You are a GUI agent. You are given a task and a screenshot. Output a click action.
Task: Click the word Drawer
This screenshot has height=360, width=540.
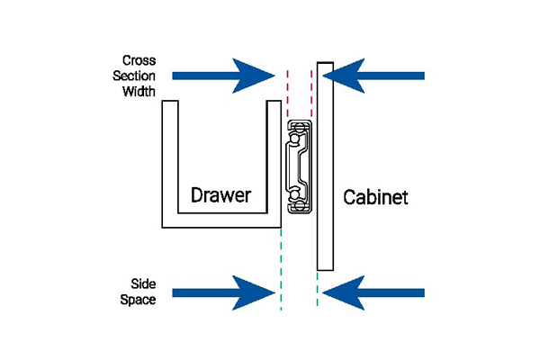pyautogui.click(x=220, y=195)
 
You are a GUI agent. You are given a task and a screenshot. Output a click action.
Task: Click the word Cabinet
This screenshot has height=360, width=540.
pyautogui.click(x=375, y=197)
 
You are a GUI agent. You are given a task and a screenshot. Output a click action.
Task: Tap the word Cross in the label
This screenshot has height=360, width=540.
pyautogui.click(x=139, y=60)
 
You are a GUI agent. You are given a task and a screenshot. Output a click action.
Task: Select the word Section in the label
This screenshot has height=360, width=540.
pyautogui.click(x=134, y=76)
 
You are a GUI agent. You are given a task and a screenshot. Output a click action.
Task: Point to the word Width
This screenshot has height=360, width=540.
pyautogui.click(x=139, y=91)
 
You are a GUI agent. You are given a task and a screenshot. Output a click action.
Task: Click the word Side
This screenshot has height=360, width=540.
pyautogui.click(x=143, y=284)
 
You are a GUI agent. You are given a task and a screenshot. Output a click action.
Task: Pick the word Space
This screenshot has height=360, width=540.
pyautogui.click(x=138, y=300)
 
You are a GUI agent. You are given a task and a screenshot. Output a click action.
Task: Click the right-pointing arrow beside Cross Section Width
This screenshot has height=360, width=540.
pyautogui.click(x=223, y=76)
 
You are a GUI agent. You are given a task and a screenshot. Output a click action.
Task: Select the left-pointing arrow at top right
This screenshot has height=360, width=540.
pyautogui.click(x=373, y=76)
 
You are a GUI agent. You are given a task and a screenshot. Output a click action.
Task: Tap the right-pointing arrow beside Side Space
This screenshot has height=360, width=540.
pyautogui.click(x=223, y=293)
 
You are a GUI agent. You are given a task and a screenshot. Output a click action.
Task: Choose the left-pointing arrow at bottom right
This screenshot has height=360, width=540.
pyautogui.click(x=373, y=293)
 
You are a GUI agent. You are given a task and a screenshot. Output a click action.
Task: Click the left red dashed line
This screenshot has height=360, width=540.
pyautogui.click(x=288, y=94)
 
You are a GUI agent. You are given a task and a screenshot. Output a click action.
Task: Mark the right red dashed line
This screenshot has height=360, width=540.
pyautogui.click(x=311, y=94)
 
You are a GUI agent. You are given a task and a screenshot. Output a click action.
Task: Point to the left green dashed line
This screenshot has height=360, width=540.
pyautogui.click(x=281, y=269)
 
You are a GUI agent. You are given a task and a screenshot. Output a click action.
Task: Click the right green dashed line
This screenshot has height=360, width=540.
pyautogui.click(x=317, y=289)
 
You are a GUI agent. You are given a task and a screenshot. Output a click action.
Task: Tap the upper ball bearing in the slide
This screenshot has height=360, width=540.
pyautogui.click(x=295, y=139)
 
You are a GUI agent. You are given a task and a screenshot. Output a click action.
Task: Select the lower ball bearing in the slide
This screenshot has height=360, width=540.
pyautogui.click(x=295, y=195)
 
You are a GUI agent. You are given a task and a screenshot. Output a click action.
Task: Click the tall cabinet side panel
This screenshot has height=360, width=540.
pyautogui.click(x=325, y=166)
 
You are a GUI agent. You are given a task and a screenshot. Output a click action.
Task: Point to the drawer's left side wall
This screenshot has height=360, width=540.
pyautogui.click(x=170, y=164)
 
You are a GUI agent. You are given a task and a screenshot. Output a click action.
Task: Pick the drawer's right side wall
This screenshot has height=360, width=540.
pyautogui.click(x=274, y=164)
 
